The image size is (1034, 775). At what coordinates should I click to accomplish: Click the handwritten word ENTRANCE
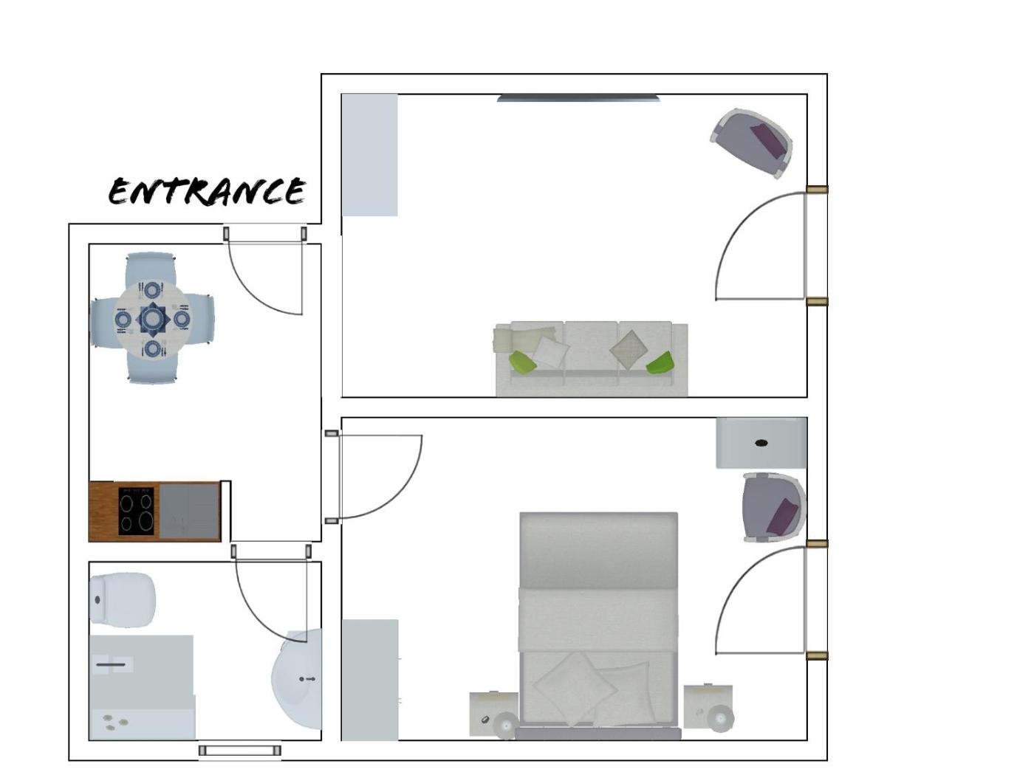coord(207,191)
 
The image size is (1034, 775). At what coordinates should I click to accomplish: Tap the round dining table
coord(152,319)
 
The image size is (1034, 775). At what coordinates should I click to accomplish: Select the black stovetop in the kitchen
coord(136,511)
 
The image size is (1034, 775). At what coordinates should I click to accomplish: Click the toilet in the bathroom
coord(122,600)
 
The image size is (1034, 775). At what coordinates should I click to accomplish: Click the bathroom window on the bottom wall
coord(239,750)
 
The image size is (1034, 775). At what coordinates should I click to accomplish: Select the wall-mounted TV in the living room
coord(578,97)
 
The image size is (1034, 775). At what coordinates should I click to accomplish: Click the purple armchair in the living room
coord(751,143)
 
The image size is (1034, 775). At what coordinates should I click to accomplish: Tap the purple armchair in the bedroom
coord(774,508)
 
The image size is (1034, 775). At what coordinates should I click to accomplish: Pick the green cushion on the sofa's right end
coord(660,363)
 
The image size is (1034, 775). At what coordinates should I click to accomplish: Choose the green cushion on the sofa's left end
coord(522,362)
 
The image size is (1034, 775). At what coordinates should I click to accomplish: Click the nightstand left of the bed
coord(493,714)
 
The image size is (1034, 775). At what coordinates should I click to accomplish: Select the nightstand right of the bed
coord(708,708)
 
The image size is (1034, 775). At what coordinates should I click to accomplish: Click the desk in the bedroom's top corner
coord(761,443)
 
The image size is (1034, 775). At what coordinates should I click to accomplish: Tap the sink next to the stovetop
coord(188,511)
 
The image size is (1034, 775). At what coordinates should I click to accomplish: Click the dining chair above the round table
coord(151,269)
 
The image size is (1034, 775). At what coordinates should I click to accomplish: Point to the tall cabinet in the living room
coord(370,155)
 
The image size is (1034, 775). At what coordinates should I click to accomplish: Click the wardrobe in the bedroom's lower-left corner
coord(370,680)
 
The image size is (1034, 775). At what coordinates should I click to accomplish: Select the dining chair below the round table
coord(152,367)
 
